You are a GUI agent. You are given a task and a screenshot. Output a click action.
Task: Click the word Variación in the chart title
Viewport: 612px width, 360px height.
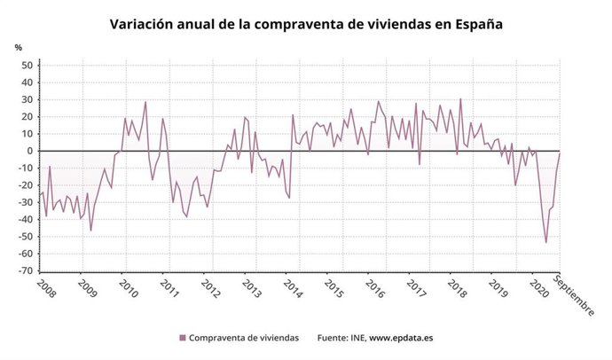click(142, 25)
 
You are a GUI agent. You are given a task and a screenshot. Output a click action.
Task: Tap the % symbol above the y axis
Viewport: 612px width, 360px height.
click(18, 47)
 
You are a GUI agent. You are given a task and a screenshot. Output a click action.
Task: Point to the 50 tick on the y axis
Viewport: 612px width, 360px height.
click(27, 66)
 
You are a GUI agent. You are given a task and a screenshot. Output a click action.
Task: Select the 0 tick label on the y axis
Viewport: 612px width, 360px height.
click(29, 152)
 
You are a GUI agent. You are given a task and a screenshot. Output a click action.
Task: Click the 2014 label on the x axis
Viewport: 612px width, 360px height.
click(291, 289)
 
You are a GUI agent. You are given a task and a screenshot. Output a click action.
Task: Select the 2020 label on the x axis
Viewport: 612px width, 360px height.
click(537, 289)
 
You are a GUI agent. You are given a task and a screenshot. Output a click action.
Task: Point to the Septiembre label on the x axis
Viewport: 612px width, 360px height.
click(575, 296)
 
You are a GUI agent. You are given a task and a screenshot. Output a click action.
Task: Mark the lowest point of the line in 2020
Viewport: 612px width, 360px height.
click(545, 242)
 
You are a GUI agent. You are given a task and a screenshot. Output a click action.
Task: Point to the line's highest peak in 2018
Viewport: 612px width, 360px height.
click(460, 99)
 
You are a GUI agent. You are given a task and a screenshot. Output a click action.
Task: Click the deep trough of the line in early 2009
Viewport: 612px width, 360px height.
click(90, 231)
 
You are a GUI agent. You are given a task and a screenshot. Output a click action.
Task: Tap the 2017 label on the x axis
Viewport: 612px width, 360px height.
click(415, 289)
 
